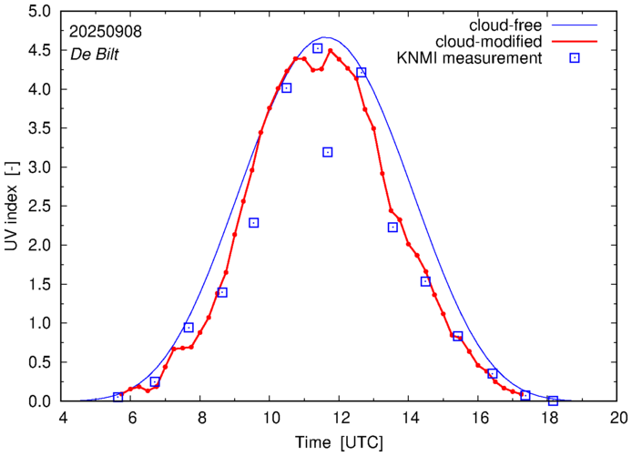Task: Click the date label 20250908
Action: tap(105, 30)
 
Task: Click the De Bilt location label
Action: tap(95, 54)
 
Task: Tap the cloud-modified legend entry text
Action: tap(490, 41)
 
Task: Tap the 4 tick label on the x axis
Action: tap(63, 419)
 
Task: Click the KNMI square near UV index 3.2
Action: tap(328, 152)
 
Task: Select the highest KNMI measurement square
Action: tap(317, 48)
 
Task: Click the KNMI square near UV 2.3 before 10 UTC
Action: tap(254, 223)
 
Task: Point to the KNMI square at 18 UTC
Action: tap(553, 400)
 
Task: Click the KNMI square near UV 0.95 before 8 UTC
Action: tap(189, 328)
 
